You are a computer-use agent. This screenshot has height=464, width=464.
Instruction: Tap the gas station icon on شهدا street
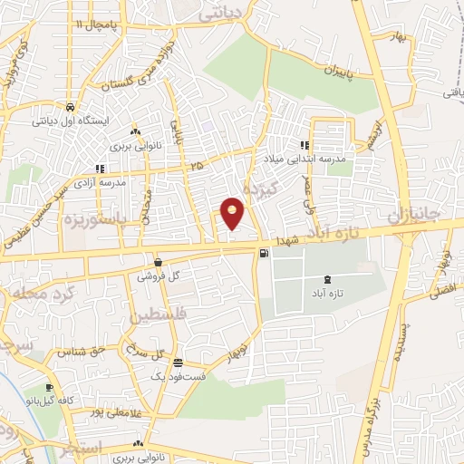point(263,253)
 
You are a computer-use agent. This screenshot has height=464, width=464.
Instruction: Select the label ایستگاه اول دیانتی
point(71,120)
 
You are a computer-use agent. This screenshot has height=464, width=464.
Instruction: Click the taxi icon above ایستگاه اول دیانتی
point(71,105)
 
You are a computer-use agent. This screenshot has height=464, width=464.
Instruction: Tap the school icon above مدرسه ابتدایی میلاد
point(304,144)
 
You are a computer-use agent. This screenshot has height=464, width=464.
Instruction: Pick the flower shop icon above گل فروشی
point(158,262)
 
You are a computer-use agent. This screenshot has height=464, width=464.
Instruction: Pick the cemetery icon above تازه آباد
point(327,278)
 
